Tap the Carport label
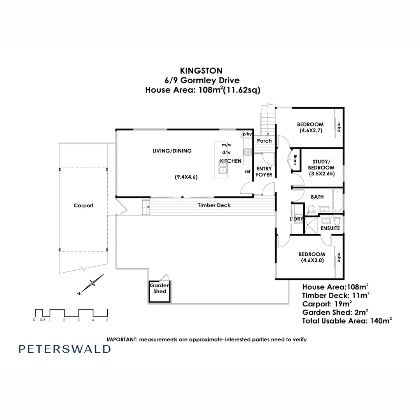pos(84,206)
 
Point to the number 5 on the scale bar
pos(107,320)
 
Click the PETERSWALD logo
pos(65,349)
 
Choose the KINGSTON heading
pos(201,71)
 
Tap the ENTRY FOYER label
pos(264,171)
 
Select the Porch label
pos(264,140)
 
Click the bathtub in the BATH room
pos(337,198)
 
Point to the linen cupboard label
pos(295,159)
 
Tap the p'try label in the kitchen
pos(247,134)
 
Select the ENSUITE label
pos(330,228)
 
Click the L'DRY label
pos(296,219)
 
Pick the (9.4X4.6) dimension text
pos(186,177)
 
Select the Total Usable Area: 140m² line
pos(347,321)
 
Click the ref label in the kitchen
pos(247,171)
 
